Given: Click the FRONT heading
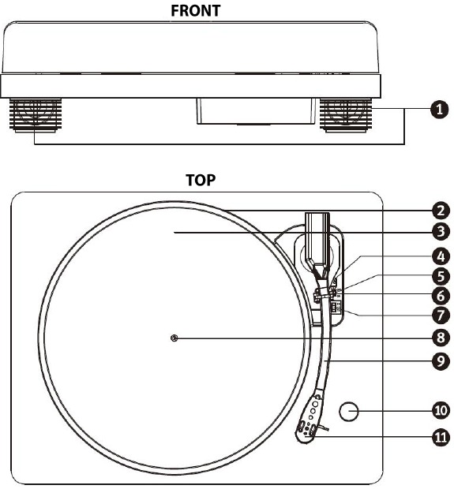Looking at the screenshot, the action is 196,10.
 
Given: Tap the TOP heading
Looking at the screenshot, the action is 201,180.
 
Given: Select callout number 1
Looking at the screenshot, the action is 439,110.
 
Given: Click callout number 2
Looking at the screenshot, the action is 441,211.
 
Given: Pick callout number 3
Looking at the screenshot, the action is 441,232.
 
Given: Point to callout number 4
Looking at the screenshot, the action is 441,256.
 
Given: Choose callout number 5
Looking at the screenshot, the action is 441,276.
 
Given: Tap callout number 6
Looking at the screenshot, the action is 441,296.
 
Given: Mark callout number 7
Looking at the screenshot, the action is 441,315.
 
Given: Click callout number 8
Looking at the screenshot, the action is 441,338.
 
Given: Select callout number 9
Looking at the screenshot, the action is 441,361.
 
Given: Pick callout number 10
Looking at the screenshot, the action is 441,410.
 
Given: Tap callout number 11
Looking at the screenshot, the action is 441,437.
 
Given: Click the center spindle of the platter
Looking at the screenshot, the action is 174,338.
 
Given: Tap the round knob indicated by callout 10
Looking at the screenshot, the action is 349,412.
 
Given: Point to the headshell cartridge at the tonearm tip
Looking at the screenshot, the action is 309,420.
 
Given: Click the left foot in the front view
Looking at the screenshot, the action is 36,115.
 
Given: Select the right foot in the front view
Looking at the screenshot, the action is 346,115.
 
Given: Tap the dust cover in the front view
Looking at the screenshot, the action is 190,47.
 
